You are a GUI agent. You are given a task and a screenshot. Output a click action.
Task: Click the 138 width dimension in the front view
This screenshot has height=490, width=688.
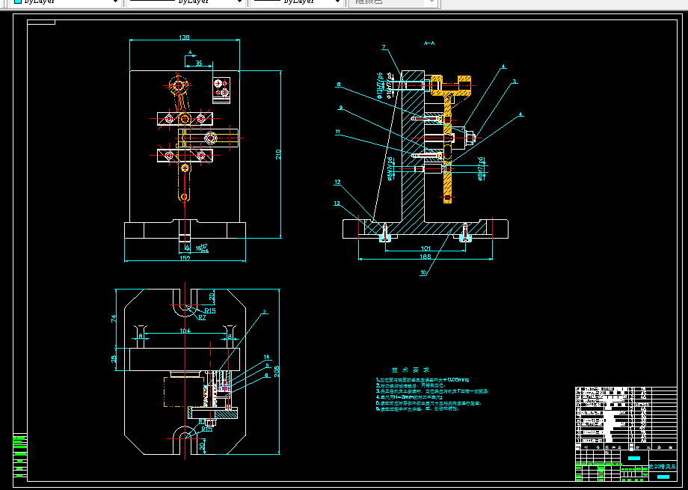(x=184, y=37)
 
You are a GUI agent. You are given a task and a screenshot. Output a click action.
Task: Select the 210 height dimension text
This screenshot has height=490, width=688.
(x=278, y=154)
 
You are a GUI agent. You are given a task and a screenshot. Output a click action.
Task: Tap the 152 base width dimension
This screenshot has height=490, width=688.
(x=185, y=258)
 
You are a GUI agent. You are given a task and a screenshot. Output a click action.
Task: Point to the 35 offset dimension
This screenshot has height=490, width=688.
(x=199, y=64)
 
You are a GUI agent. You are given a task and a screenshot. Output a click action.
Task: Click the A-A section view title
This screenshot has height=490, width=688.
(x=429, y=43)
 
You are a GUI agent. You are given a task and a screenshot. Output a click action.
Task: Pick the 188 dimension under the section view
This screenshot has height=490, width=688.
(x=425, y=257)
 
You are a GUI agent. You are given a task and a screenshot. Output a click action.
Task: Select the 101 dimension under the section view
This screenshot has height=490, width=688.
(x=425, y=248)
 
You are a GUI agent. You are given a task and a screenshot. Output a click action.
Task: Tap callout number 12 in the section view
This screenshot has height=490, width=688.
(x=338, y=182)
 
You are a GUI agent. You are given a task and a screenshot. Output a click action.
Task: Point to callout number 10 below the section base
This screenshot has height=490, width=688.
(x=423, y=273)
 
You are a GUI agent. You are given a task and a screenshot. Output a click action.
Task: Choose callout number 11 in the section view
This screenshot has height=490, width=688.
(x=338, y=132)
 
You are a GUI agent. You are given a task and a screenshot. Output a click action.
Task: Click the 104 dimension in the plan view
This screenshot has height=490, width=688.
(x=183, y=330)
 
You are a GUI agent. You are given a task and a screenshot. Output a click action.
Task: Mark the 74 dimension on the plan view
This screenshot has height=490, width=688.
(x=114, y=318)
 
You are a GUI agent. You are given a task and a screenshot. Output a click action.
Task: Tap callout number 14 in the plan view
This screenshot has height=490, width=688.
(x=266, y=357)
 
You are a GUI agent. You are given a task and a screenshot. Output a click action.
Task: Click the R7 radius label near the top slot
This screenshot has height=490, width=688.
(x=202, y=318)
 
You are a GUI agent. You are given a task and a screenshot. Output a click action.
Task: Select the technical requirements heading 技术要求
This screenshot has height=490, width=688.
(x=411, y=370)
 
